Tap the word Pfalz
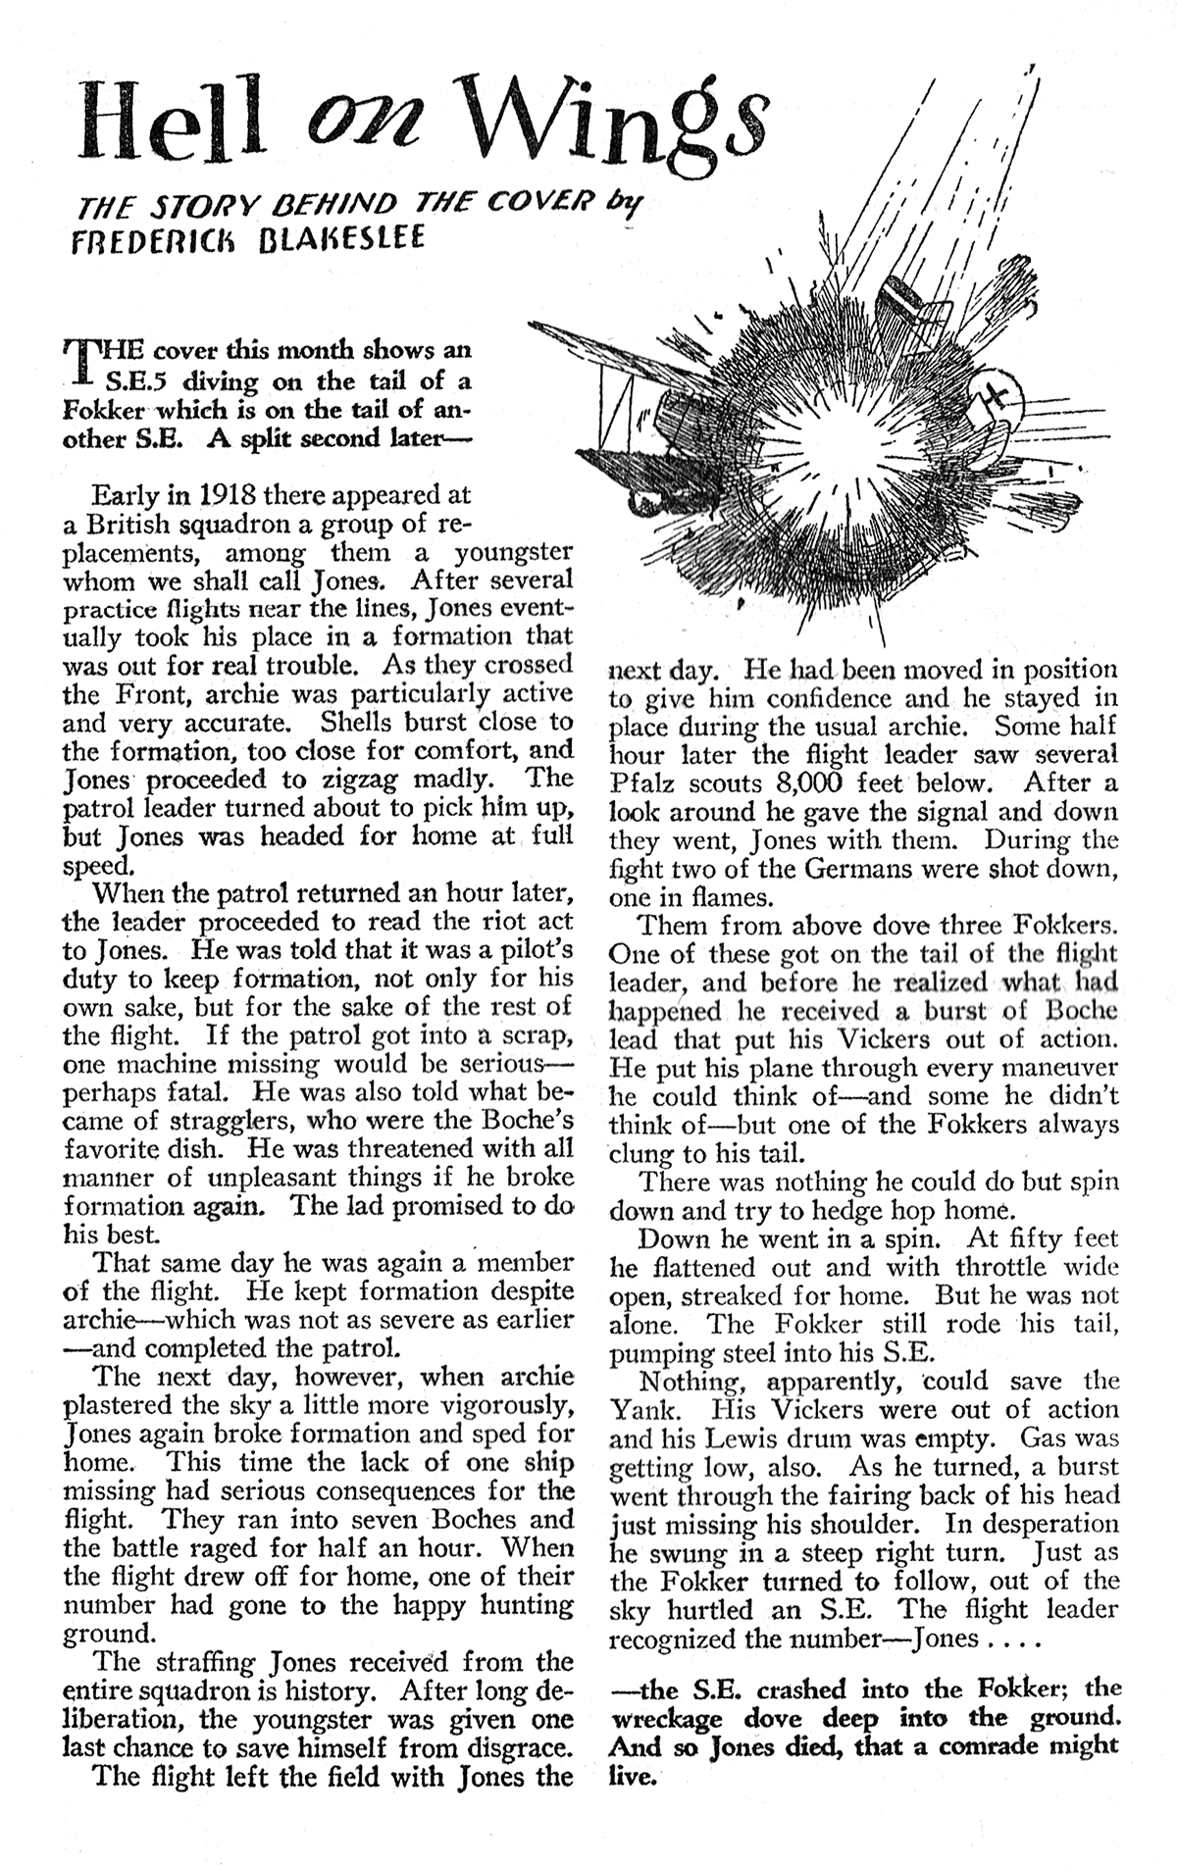[642, 783]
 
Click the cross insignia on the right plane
[998, 396]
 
